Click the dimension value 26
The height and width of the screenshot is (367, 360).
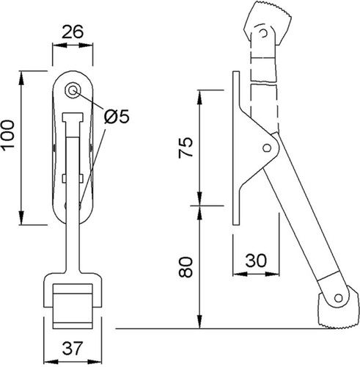(73, 32)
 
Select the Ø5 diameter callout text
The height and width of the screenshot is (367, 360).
(117, 117)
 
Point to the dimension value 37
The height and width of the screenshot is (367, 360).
(73, 348)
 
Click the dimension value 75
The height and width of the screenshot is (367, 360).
(185, 148)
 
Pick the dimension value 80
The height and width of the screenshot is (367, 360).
(185, 267)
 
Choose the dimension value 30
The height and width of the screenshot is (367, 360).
(256, 261)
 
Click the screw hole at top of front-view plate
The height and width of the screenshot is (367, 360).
(72, 90)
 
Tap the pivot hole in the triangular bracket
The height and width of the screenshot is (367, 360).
(267, 148)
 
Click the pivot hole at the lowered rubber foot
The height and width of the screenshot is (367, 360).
(338, 298)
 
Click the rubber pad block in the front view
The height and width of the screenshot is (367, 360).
(73, 306)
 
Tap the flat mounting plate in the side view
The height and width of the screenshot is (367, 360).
(236, 148)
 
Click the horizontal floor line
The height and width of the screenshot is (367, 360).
(225, 329)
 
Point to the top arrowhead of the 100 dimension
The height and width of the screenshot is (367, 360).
(21, 79)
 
